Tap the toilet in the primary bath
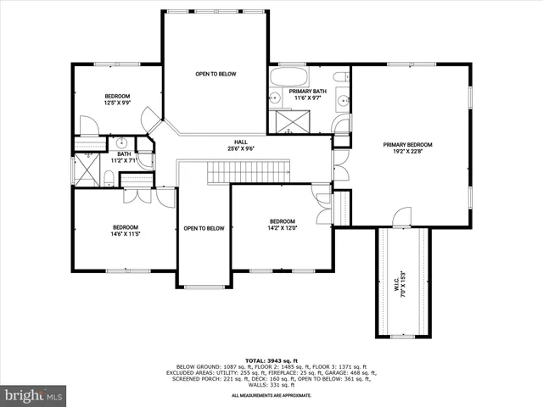(x=340, y=80)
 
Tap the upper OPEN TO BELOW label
(x=216, y=74)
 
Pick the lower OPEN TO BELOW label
(x=204, y=228)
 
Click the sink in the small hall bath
(x=122, y=142)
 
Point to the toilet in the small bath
(x=109, y=177)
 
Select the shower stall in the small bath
(x=87, y=171)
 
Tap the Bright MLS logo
(x=34, y=395)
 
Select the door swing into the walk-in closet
(x=402, y=216)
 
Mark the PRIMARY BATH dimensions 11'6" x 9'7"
(x=307, y=98)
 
